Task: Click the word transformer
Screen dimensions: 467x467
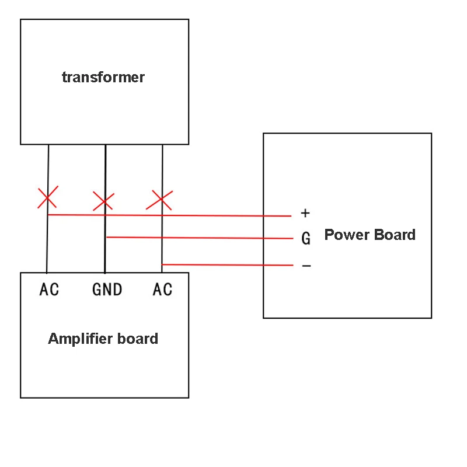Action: (103, 78)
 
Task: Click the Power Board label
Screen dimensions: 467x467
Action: (370, 235)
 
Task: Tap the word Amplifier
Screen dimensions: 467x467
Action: (80, 339)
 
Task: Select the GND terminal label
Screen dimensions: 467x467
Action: (107, 289)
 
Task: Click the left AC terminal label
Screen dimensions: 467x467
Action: (49, 289)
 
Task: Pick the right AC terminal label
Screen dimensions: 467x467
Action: (163, 289)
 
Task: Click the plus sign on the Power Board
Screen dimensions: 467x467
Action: (305, 213)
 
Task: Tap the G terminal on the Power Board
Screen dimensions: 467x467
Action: (306, 238)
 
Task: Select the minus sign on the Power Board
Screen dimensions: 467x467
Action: (306, 266)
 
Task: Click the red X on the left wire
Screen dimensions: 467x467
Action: (48, 197)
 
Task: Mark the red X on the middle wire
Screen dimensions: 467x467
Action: (103, 201)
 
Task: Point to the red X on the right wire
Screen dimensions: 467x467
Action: (159, 200)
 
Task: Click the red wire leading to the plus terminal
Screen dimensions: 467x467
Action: (169, 215)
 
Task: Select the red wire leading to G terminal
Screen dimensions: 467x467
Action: (200, 238)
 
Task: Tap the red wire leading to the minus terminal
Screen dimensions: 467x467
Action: (227, 265)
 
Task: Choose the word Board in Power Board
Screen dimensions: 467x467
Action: (395, 235)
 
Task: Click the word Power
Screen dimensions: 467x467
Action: (347, 235)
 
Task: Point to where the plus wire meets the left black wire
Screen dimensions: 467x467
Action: (48, 214)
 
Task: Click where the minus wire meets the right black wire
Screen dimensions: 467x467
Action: (162, 264)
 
